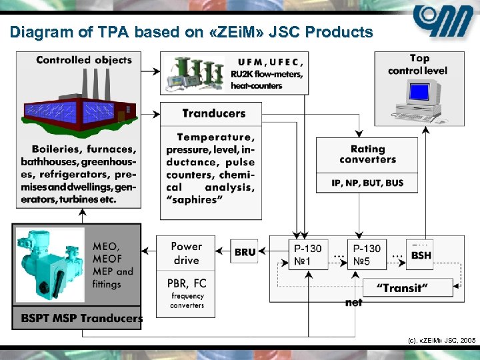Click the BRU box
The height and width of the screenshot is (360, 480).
tap(245, 252)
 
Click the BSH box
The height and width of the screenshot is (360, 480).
tap(421, 253)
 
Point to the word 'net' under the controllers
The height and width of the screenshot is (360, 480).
tap(354, 303)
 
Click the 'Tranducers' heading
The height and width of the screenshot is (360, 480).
tap(213, 113)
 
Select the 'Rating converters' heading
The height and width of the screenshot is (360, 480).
tap(367, 155)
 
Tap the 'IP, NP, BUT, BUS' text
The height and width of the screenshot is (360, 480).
tap(367, 183)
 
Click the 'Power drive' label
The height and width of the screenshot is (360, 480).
tap(187, 253)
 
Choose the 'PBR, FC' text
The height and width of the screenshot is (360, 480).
tap(187, 283)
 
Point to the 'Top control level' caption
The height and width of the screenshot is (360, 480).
tap(418, 65)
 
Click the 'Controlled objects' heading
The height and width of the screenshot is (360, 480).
tap(84, 60)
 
